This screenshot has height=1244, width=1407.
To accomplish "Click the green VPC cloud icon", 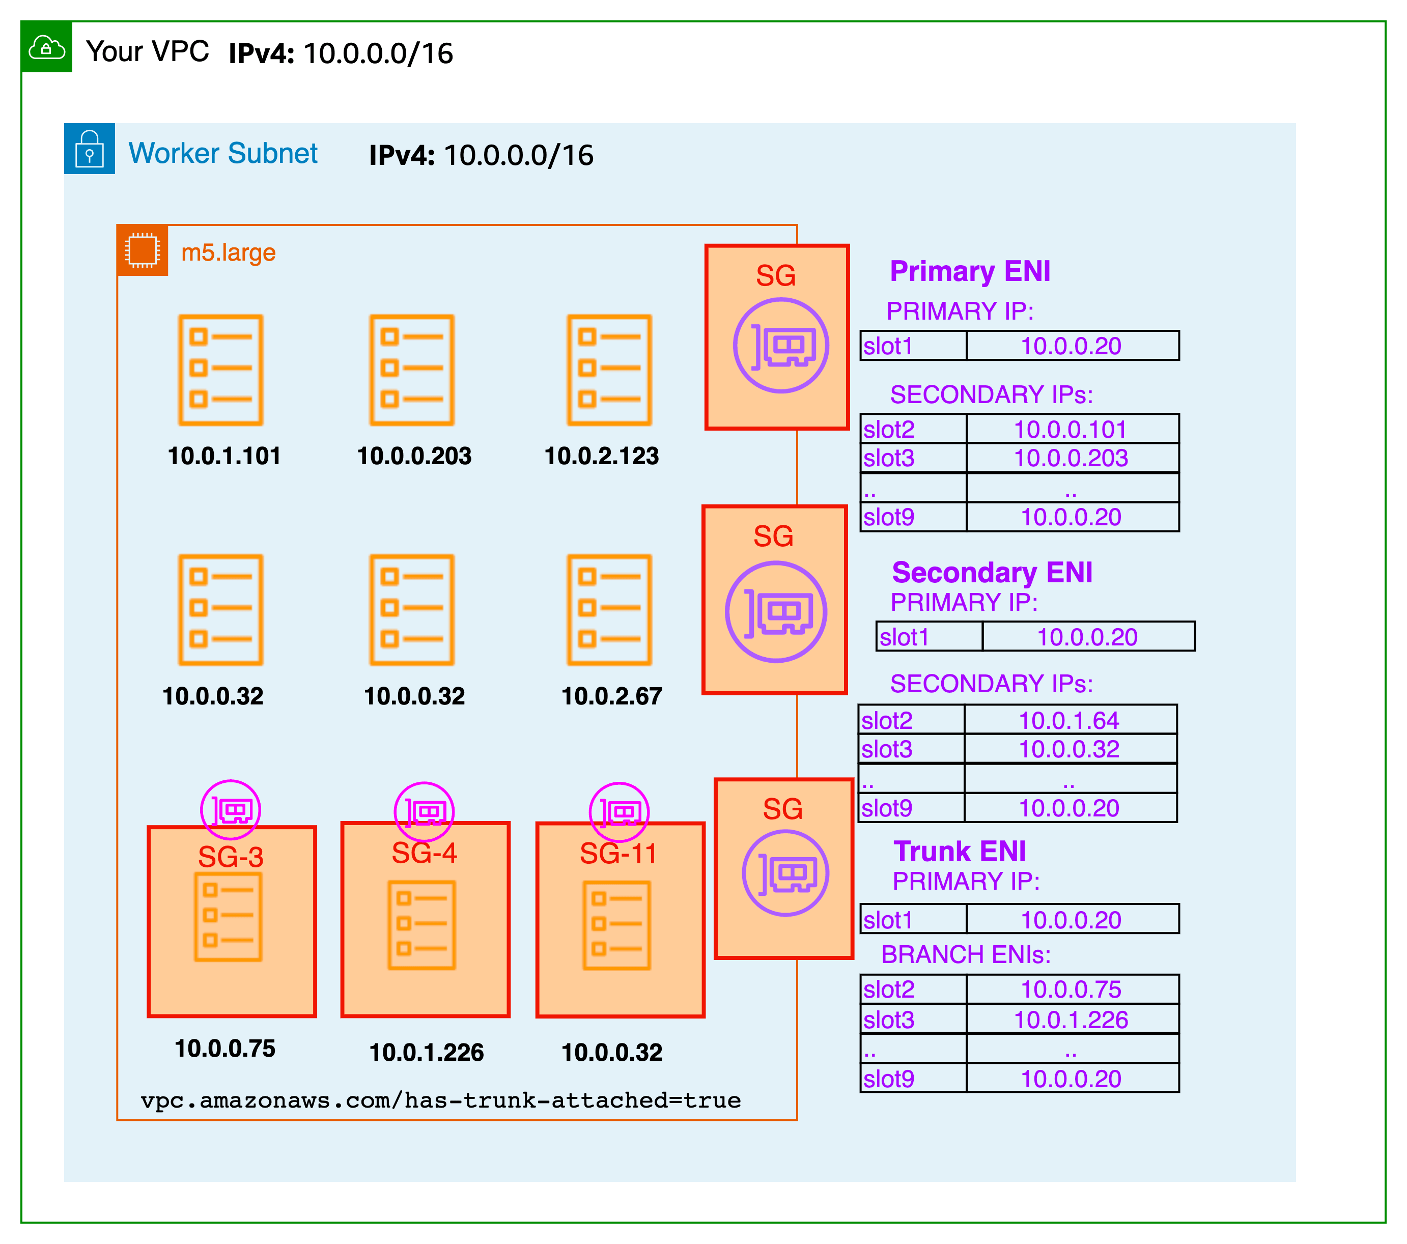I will (x=46, y=47).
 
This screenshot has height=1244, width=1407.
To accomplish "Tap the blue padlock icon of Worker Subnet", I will (x=90, y=149).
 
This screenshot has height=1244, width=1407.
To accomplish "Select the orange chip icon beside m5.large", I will (x=143, y=250).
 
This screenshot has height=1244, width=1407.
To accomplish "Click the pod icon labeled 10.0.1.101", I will (x=220, y=371).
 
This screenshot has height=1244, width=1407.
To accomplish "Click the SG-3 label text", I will (x=231, y=857).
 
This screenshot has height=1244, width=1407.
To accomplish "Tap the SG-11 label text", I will (x=618, y=854).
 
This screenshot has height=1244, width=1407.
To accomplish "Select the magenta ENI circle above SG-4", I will (x=424, y=812).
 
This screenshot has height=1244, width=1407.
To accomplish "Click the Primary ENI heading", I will (x=970, y=271).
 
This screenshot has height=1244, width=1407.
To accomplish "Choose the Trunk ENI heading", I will (x=960, y=852).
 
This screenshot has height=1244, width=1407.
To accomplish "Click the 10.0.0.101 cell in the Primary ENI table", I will (x=1071, y=430).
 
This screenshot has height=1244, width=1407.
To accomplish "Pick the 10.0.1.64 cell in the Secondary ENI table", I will (x=1069, y=721).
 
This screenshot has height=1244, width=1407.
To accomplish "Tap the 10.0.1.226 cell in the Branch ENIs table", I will (x=1071, y=1020).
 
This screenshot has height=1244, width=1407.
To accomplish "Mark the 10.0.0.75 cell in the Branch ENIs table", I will (x=1071, y=989).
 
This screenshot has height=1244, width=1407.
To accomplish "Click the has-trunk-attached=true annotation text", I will (x=440, y=1100).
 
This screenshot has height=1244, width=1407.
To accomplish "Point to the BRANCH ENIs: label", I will (x=966, y=955).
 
